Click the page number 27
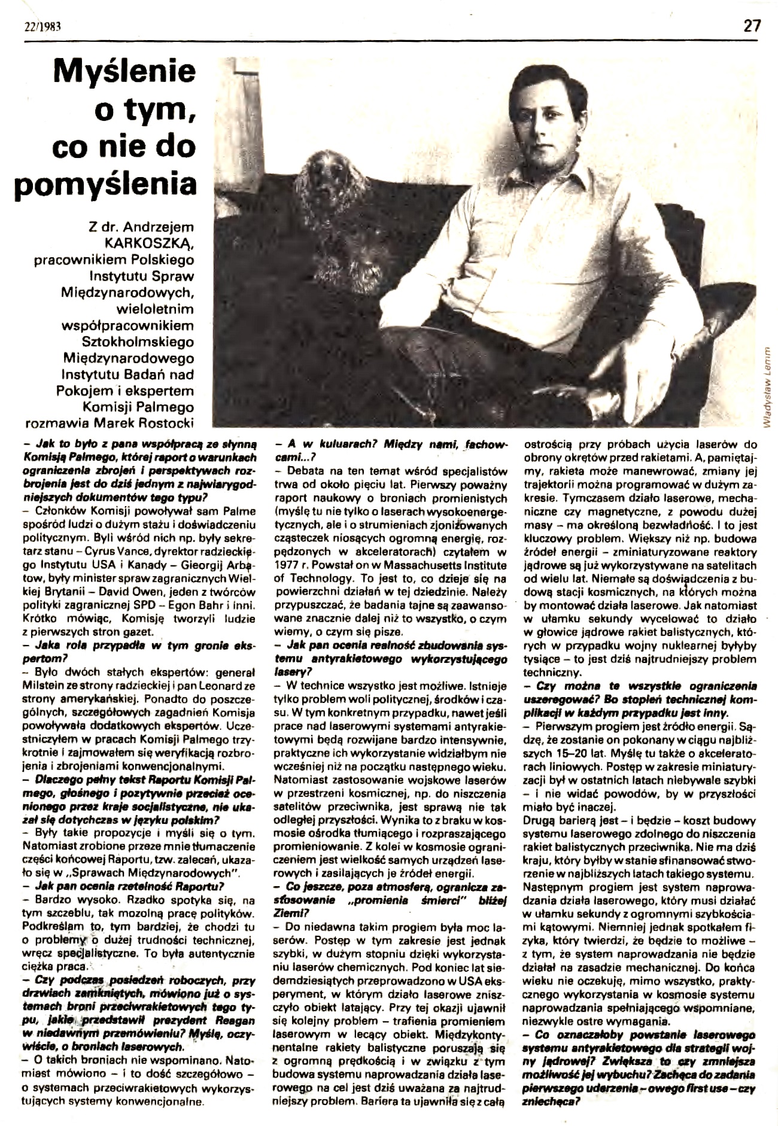[752, 10]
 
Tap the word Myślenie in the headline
[125, 72]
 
